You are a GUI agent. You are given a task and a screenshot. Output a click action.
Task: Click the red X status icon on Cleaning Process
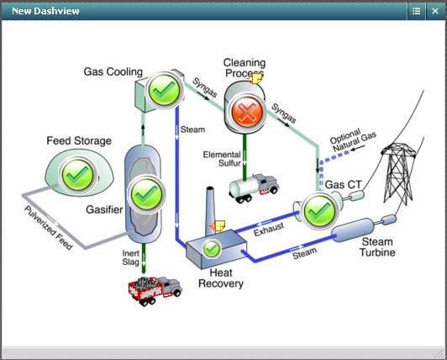pos(245,111)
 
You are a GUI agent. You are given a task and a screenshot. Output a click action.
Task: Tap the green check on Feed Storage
pos(77,175)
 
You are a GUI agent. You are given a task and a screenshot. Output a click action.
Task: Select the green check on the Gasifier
pos(147,193)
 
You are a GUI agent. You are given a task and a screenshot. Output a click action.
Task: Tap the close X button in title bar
pos(435,10)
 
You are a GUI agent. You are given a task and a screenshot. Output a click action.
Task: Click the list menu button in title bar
pos(417,10)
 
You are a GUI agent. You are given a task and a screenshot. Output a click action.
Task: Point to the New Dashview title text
pos(46,10)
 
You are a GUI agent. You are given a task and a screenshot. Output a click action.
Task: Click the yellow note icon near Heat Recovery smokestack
pos(218,225)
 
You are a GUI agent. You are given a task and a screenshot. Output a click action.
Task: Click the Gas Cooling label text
pos(113,71)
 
